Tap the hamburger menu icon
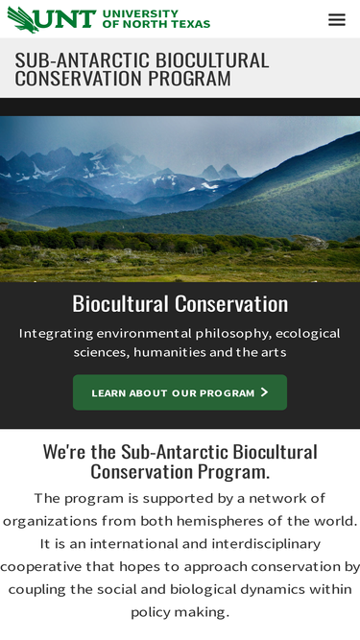[x=337, y=19]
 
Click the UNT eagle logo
[x=22, y=19]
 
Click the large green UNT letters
[x=68, y=19]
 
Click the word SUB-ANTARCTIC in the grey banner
[x=83, y=60]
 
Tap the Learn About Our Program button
[x=180, y=392]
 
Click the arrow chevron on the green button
[x=265, y=392]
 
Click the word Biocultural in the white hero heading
[x=121, y=303]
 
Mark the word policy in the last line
[x=153, y=612]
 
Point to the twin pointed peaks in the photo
[x=220, y=172]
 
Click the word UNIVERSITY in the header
[x=140, y=14]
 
